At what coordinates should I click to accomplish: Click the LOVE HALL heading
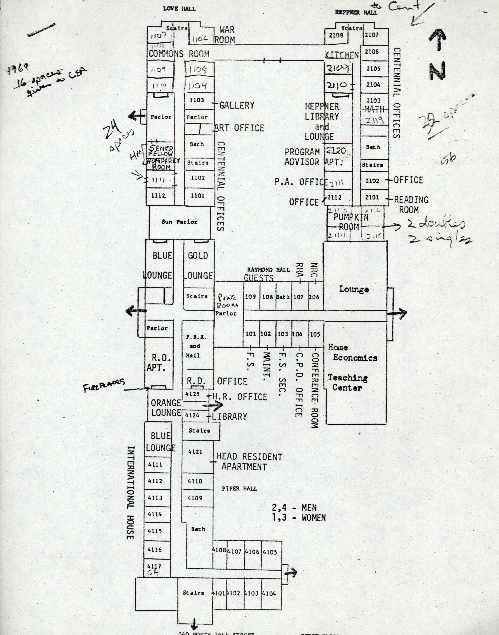179,9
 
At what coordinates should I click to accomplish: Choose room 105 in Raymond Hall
315,334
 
